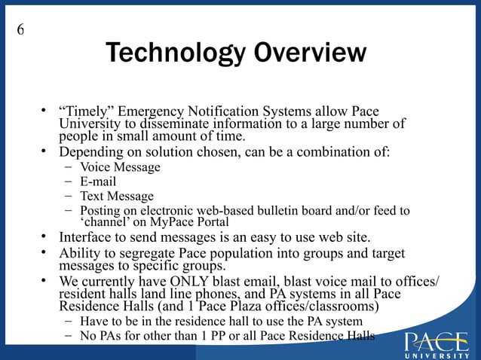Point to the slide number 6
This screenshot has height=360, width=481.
[x=20, y=30]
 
